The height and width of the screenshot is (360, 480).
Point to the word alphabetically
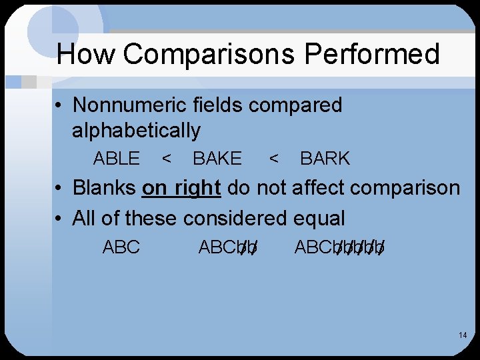click(x=136, y=131)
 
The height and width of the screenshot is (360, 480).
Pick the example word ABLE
click(x=117, y=159)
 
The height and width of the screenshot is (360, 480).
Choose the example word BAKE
click(x=217, y=159)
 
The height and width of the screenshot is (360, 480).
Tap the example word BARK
click(x=325, y=159)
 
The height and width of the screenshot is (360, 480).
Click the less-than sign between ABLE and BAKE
click(x=167, y=159)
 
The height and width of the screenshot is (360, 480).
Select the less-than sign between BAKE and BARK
click(x=273, y=159)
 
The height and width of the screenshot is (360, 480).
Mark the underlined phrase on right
click(x=181, y=188)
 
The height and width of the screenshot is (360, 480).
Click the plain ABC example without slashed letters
click(x=121, y=247)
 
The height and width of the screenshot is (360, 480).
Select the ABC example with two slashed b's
click(x=228, y=247)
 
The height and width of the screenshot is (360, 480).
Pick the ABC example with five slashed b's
click(x=339, y=247)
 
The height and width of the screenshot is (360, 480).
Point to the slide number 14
click(x=462, y=335)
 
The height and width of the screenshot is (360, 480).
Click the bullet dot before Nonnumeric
click(x=60, y=106)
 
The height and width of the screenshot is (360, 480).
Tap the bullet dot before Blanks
click(x=60, y=189)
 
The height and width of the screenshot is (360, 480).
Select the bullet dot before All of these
click(x=60, y=219)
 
